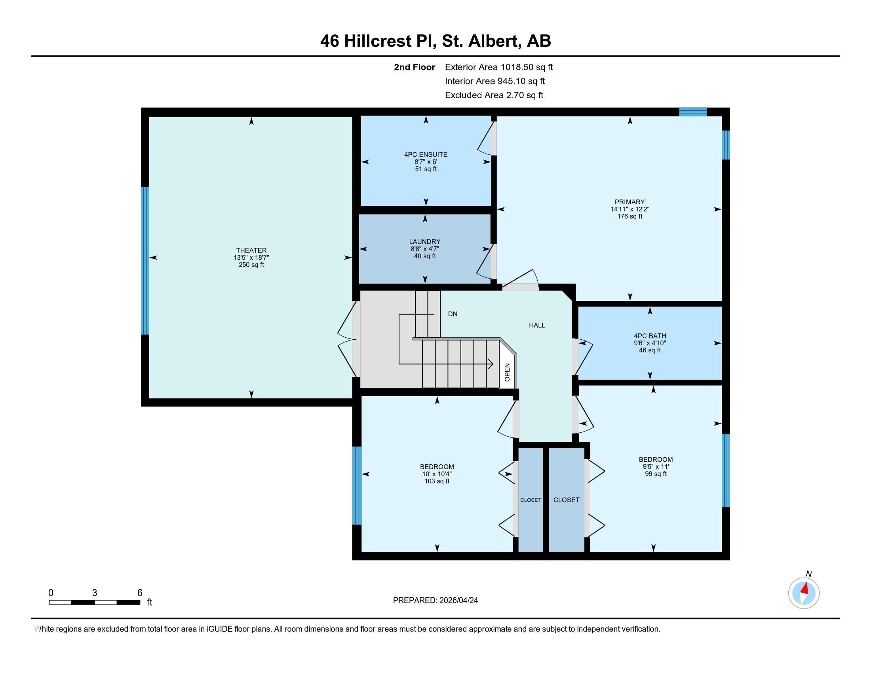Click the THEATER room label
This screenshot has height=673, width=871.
coord(251,250)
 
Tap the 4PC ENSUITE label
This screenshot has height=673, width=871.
coord(426,154)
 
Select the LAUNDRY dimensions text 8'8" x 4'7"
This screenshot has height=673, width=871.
coord(424,249)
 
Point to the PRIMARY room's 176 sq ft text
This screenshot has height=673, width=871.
coord(629,217)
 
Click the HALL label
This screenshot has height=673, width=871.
coord(537,325)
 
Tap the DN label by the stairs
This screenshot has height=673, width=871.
coord(452,314)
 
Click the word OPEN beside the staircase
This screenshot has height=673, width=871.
coord(507,372)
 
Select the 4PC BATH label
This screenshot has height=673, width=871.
coord(650,336)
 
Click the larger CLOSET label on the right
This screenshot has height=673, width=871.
coord(566,500)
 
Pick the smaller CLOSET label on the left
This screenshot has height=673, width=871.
coord(531,500)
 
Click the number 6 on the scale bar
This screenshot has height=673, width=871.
coord(140,593)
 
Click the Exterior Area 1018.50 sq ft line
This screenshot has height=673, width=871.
coord(498,67)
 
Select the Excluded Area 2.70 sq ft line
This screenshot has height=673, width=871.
coord(494,95)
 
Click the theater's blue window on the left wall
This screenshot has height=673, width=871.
coord(145,261)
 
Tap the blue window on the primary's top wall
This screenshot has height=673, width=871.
coord(693,112)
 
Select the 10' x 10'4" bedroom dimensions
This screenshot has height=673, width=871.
coord(437,474)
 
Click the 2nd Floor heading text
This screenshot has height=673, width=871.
coord(414,67)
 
